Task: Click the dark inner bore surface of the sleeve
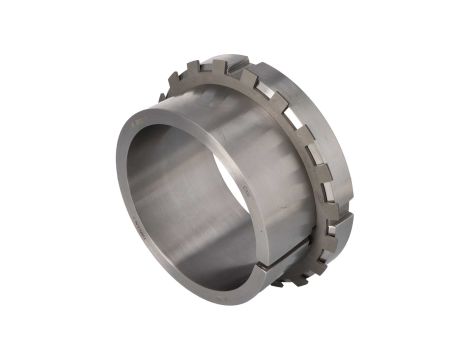coord(180,180)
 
